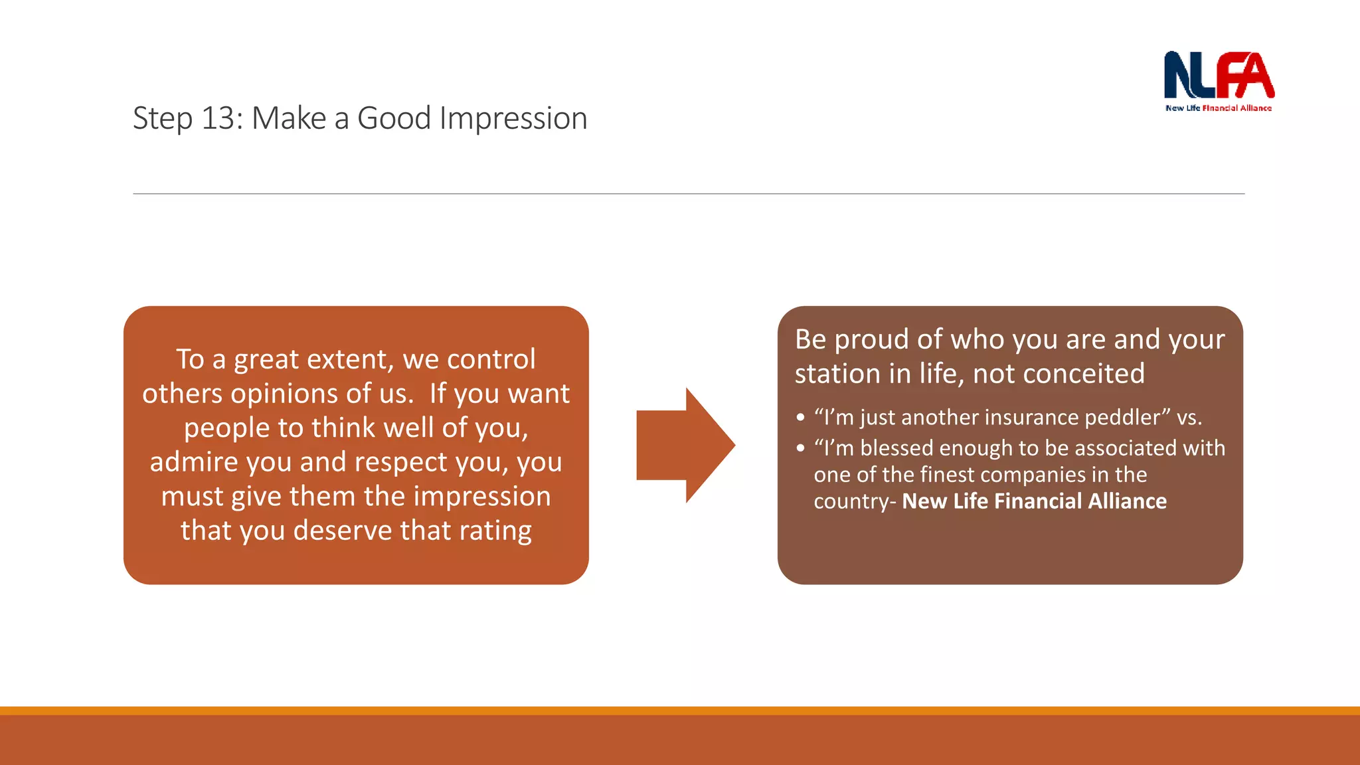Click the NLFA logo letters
[x=1219, y=75]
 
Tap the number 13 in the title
[x=216, y=118]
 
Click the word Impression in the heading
[x=513, y=118]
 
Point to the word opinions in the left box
[x=292, y=394]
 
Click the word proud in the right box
[x=872, y=339]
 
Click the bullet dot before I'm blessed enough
[x=800, y=448]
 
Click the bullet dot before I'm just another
[x=800, y=418]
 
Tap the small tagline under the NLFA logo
[x=1219, y=108]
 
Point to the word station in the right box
[x=837, y=374]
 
